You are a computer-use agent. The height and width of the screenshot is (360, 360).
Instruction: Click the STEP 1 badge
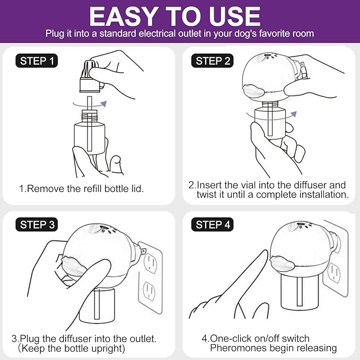click(x=37, y=61)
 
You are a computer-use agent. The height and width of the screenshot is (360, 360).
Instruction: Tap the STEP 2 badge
click(x=213, y=61)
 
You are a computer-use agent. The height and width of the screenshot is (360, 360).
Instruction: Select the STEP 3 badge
click(x=37, y=224)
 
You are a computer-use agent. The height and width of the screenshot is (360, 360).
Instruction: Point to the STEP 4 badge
click(x=213, y=224)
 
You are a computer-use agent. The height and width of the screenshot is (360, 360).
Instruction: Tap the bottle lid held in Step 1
click(x=90, y=77)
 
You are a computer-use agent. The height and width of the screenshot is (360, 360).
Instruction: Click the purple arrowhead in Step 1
click(x=104, y=104)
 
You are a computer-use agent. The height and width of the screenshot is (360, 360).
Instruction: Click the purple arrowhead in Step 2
click(x=294, y=114)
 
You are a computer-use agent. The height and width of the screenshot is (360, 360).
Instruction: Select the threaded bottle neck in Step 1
click(x=90, y=117)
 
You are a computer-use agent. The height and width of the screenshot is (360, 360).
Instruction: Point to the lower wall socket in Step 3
click(x=149, y=291)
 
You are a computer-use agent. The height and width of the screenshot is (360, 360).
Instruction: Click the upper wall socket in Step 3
click(x=151, y=262)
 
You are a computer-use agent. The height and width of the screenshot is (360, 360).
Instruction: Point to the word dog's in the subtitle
click(x=235, y=34)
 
